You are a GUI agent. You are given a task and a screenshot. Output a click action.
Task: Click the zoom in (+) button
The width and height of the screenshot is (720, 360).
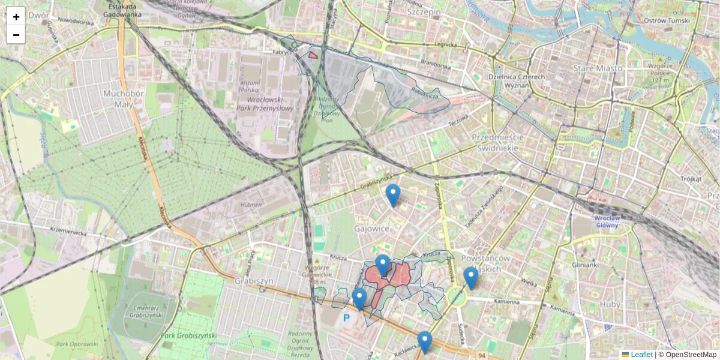16,17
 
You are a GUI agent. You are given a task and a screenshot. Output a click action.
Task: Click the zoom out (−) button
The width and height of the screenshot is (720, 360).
16,35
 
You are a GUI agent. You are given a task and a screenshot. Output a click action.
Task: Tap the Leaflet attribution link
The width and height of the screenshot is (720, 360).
641,355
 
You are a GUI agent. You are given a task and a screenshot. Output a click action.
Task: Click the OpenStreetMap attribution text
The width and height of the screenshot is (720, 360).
690,355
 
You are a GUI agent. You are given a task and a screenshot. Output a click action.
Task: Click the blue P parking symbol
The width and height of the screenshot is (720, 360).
346,317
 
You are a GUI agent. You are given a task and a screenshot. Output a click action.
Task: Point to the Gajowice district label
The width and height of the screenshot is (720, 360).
371,229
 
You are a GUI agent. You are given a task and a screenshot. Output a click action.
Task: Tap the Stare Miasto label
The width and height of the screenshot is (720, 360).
598,68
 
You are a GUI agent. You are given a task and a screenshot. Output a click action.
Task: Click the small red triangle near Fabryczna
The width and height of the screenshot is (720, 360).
313,55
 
